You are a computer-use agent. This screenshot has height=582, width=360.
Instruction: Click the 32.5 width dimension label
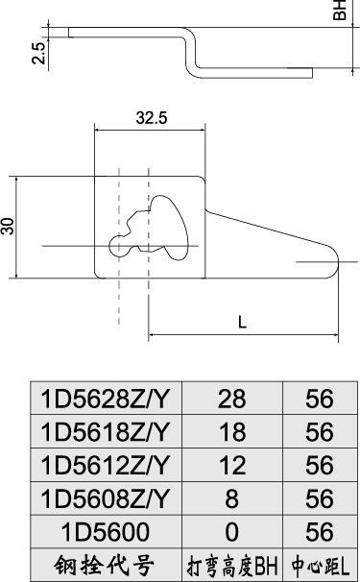(151, 119)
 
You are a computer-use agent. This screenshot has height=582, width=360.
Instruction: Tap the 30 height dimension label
(9, 227)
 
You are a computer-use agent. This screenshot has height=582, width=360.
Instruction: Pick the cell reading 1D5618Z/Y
(106, 431)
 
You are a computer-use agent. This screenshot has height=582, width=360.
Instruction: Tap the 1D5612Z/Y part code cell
(106, 465)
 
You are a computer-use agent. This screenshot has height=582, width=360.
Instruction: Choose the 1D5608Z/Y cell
(106, 498)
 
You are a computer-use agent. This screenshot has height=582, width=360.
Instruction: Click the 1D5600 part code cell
(106, 532)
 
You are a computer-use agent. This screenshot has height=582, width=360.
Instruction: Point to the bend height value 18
(233, 431)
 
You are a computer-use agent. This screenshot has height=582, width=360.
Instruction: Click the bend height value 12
(233, 465)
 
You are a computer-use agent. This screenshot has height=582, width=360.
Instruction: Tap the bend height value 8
(233, 498)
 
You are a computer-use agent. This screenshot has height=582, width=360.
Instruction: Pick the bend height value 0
(233, 532)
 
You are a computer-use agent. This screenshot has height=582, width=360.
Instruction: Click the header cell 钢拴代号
(106, 565)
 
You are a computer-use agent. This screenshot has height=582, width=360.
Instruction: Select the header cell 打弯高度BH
(233, 565)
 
